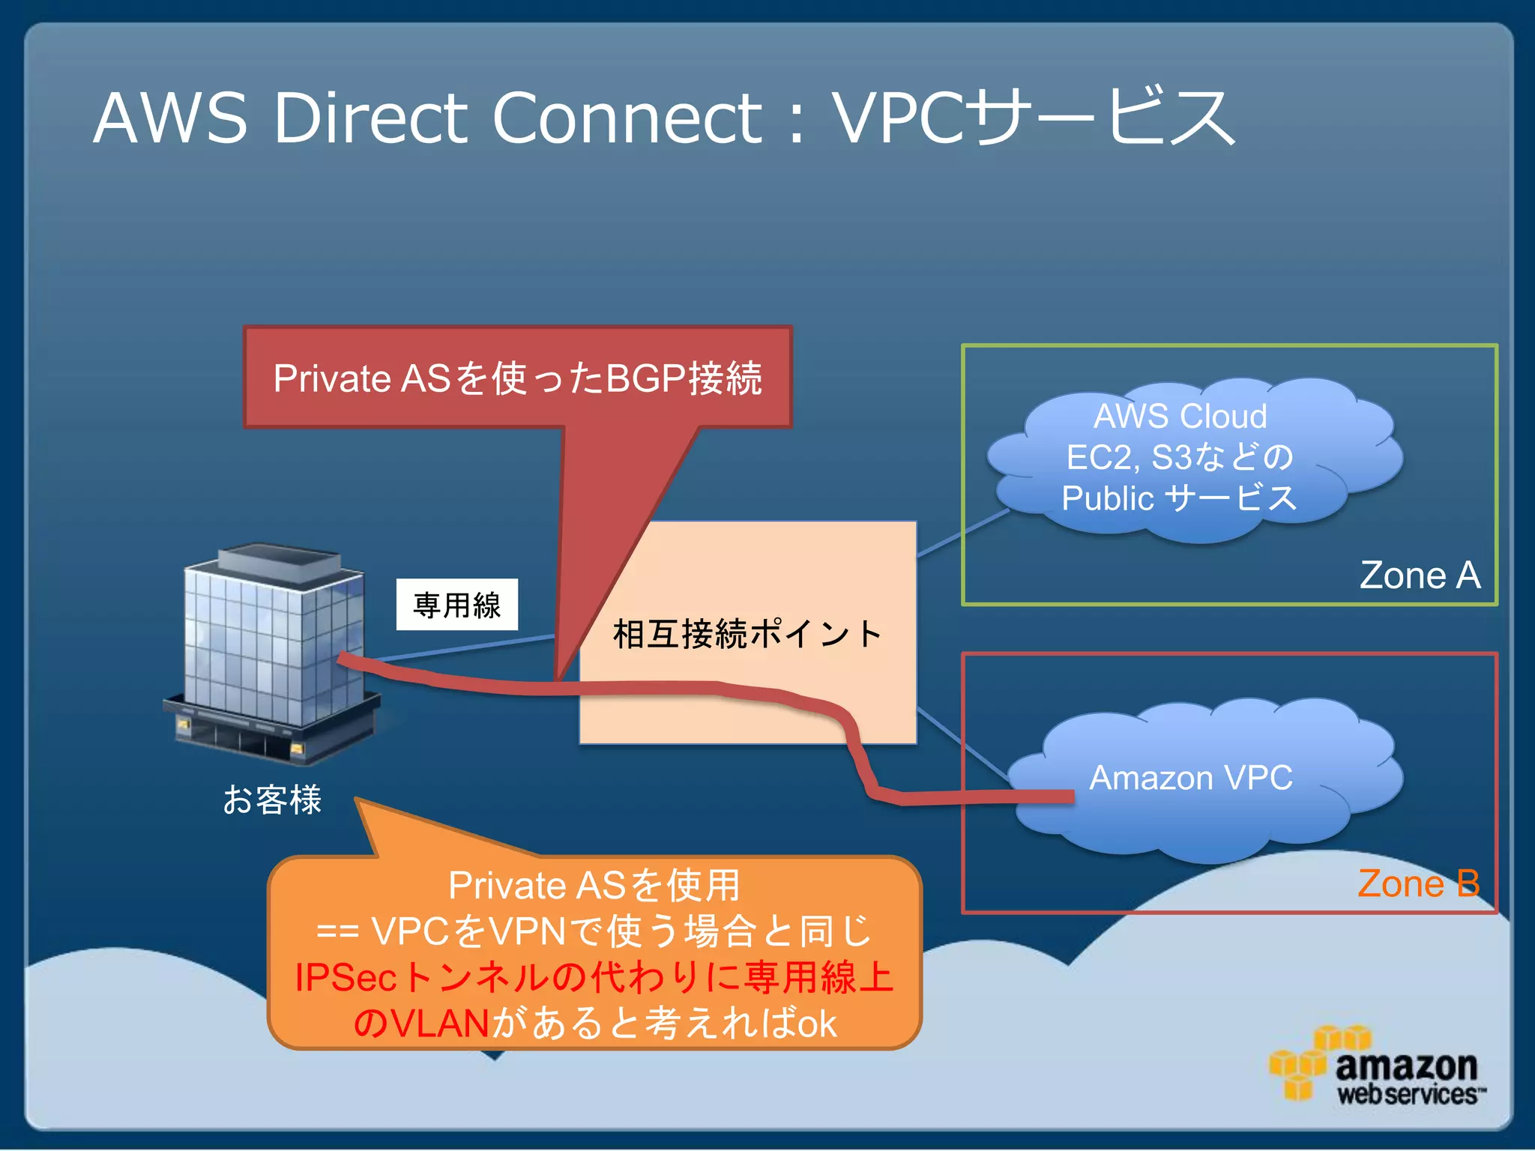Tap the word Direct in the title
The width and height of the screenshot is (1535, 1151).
pyautogui.click(x=371, y=118)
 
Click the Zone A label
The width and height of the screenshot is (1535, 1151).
pyautogui.click(x=1420, y=575)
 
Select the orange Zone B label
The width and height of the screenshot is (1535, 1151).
pyautogui.click(x=1418, y=883)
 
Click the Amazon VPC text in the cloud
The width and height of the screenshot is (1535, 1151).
pyautogui.click(x=1190, y=777)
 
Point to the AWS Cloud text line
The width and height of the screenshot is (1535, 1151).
pyautogui.click(x=1180, y=416)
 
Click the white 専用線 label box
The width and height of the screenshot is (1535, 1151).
pyautogui.click(x=456, y=605)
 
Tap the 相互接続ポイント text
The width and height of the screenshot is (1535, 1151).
pyautogui.click(x=747, y=634)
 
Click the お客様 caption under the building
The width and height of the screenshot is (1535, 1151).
pyautogui.click(x=272, y=799)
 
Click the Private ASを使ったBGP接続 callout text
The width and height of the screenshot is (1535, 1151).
pyautogui.click(x=517, y=378)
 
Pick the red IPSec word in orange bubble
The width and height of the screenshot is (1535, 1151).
pyautogui.click(x=345, y=977)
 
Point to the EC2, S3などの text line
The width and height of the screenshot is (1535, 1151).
pyautogui.click(x=1180, y=457)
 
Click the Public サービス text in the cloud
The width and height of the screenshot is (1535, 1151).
pyautogui.click(x=1178, y=498)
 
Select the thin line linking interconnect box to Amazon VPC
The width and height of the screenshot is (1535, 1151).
pyautogui.click(x=963, y=742)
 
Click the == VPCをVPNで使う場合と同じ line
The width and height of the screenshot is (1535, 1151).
pyautogui.click(x=594, y=931)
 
